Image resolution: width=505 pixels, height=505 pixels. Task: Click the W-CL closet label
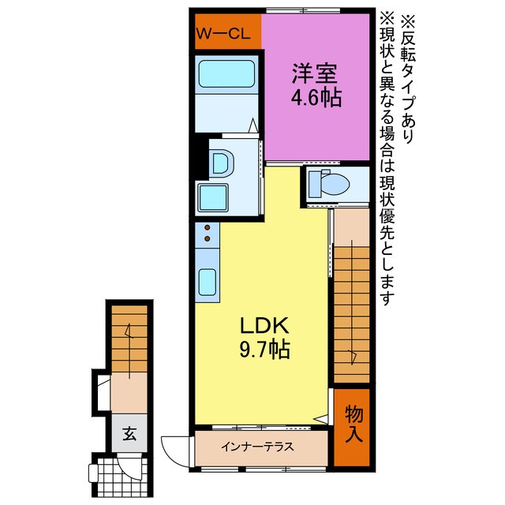pyautogui.click(x=226, y=36)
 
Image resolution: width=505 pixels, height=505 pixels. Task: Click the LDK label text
pyautogui.click(x=260, y=324)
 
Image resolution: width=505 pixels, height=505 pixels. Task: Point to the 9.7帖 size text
pyautogui.click(x=260, y=349)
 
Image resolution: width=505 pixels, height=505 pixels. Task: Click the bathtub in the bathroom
pyautogui.click(x=226, y=76)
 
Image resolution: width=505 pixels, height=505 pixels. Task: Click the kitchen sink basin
pyautogui.click(x=208, y=281)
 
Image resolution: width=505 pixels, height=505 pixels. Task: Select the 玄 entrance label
pyautogui.click(x=127, y=433)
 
